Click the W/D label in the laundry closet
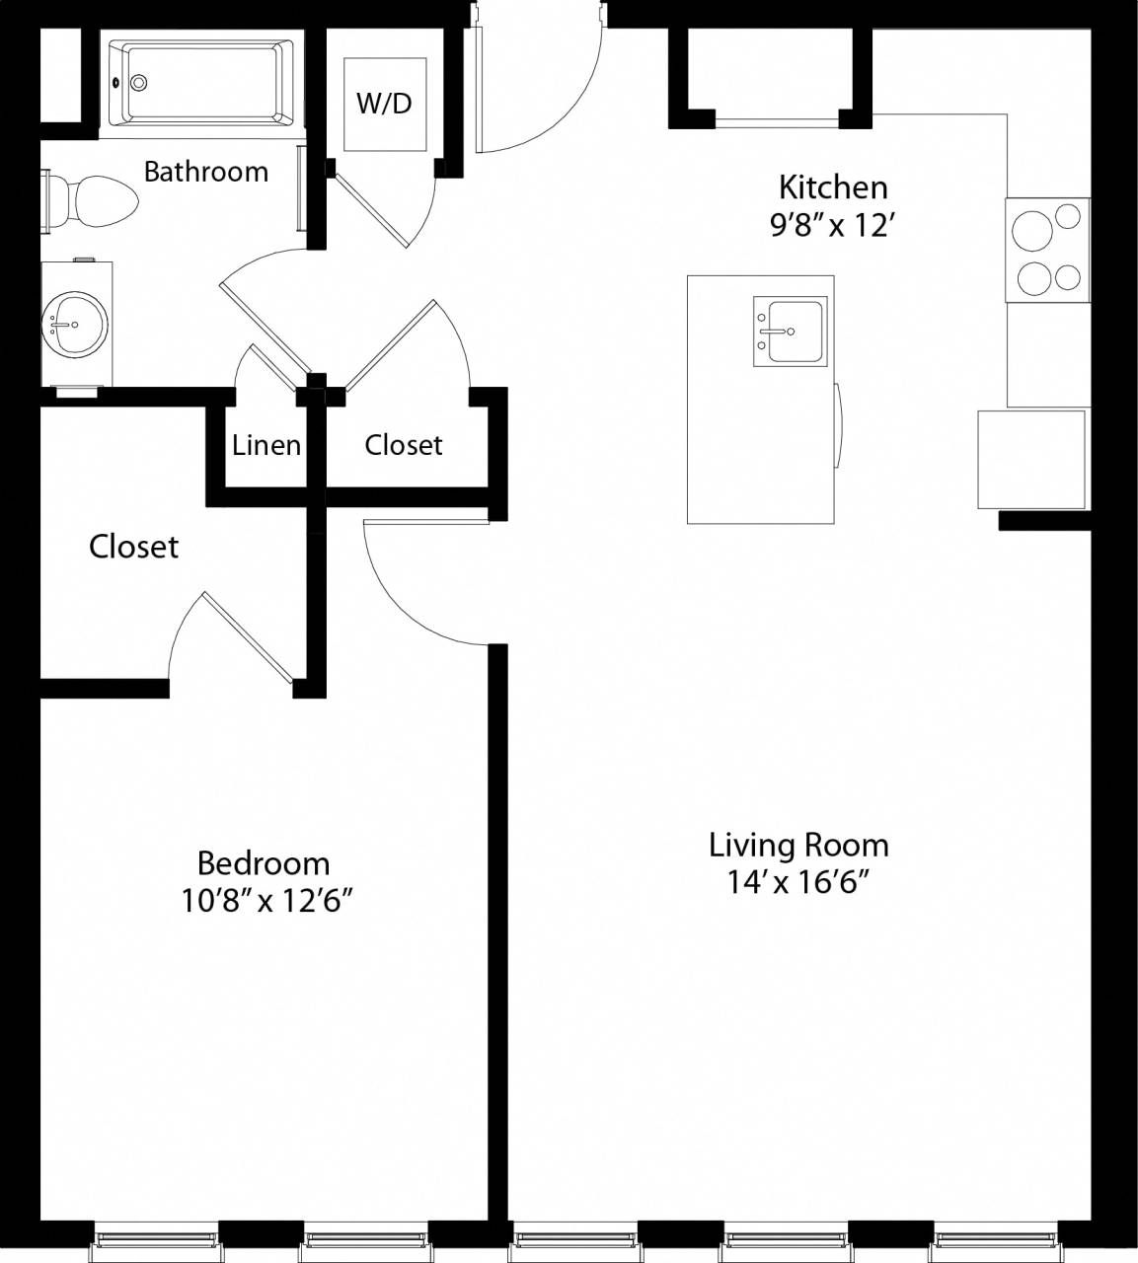384,103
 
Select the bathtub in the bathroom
200,83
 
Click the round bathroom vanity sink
75,325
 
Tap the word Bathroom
205,172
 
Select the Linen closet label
266,445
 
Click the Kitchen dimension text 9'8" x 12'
832,226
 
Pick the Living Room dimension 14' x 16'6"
798,881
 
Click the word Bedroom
264,862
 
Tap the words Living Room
798,845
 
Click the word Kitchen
832,186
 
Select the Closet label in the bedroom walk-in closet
133,547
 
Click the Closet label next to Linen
403,445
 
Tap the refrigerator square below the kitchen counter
1031,459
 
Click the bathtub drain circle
139,83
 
